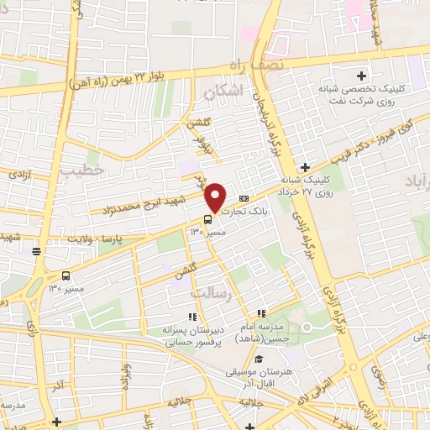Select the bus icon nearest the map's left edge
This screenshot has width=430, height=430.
click(66, 275)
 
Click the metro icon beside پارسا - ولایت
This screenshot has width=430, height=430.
click(36, 250)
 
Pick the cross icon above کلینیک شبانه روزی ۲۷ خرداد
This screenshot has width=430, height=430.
click(306, 168)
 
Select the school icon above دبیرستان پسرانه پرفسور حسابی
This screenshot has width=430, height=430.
click(191, 317)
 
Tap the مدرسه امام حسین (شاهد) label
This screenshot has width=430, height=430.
click(282, 333)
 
